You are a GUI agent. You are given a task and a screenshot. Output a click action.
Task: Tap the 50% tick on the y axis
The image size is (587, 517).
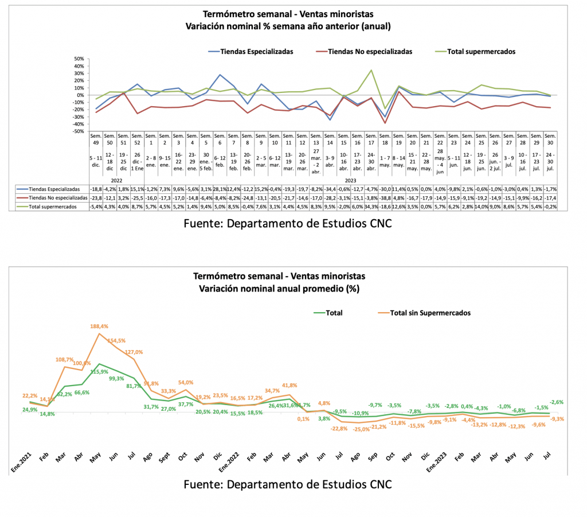(77, 59)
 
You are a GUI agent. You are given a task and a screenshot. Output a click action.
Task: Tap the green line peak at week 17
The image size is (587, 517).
(371, 71)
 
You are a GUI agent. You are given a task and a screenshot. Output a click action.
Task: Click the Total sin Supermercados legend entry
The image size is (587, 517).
(430, 313)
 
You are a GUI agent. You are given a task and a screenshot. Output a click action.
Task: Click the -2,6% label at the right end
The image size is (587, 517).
(558, 402)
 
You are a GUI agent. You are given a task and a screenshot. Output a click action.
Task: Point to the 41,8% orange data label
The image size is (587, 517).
(289, 386)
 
